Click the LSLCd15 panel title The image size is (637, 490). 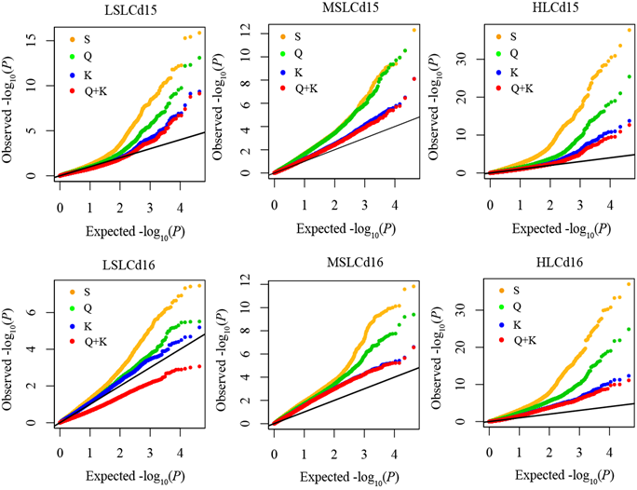coord(130,9)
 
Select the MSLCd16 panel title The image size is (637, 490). coord(355,263)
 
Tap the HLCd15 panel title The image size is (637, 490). coord(555,7)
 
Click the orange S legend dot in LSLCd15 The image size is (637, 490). coord(73,39)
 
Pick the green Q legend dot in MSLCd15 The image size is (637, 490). coord(283,54)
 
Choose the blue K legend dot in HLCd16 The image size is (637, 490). coord(501,325)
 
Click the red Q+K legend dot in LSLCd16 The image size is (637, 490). coord(73,342)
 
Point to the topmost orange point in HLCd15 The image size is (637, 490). coord(630,30)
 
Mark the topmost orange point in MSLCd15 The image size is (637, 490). coord(414,30)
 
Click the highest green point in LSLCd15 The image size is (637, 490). coord(199,58)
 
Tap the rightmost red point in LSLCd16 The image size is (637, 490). coord(199,366)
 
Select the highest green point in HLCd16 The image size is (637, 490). coord(629,329)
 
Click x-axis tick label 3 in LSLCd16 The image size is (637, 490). coord(150,453)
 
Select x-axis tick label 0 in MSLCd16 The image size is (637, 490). coord(274,454)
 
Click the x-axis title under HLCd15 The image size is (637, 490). coord(561,229)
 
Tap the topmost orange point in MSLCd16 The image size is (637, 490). coord(414,286)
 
